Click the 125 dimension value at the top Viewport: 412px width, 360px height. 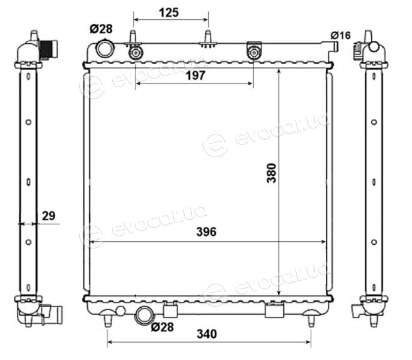tap(169, 13)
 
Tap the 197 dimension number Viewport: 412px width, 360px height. tap(196, 76)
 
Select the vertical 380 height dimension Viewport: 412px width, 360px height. tap(272, 173)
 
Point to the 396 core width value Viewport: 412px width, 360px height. tap(206, 232)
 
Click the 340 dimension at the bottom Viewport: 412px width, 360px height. tap(207, 334)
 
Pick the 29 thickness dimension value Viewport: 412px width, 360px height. tap(49, 216)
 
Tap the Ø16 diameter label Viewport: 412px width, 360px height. tap(341, 35)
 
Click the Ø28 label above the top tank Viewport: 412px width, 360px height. tap(101, 29)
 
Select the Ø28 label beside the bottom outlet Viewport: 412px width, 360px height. tap(163, 327)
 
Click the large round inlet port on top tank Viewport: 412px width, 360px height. tap(105, 48)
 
